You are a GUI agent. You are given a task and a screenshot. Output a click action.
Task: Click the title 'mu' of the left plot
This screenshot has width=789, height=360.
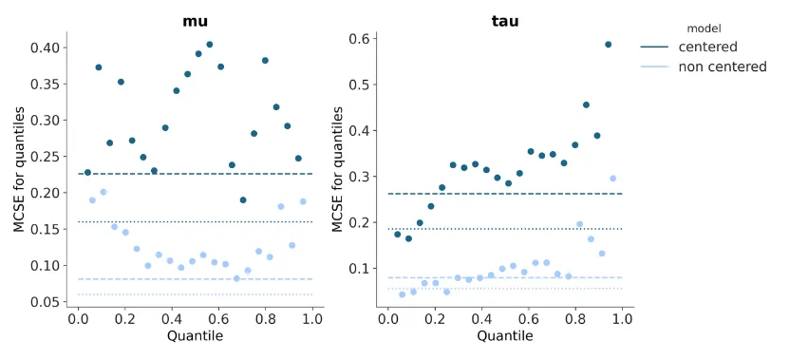coord(195,21)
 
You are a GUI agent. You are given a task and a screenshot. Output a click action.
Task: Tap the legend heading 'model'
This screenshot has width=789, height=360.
coord(704,28)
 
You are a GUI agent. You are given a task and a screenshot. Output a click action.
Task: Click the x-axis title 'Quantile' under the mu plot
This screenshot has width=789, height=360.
coord(195,336)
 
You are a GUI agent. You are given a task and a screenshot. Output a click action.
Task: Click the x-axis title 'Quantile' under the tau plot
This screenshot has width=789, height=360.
coord(505,336)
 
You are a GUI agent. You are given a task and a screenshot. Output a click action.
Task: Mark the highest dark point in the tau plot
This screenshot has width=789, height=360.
coord(609,45)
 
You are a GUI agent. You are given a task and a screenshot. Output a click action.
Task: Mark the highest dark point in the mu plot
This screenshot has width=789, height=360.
coord(210,45)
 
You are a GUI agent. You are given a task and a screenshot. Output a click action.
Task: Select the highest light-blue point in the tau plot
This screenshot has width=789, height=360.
coord(613,179)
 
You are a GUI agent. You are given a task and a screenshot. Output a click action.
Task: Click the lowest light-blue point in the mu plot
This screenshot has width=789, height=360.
coord(237,278)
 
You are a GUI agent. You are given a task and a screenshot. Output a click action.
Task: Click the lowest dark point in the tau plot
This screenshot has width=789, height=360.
coord(409,238)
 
